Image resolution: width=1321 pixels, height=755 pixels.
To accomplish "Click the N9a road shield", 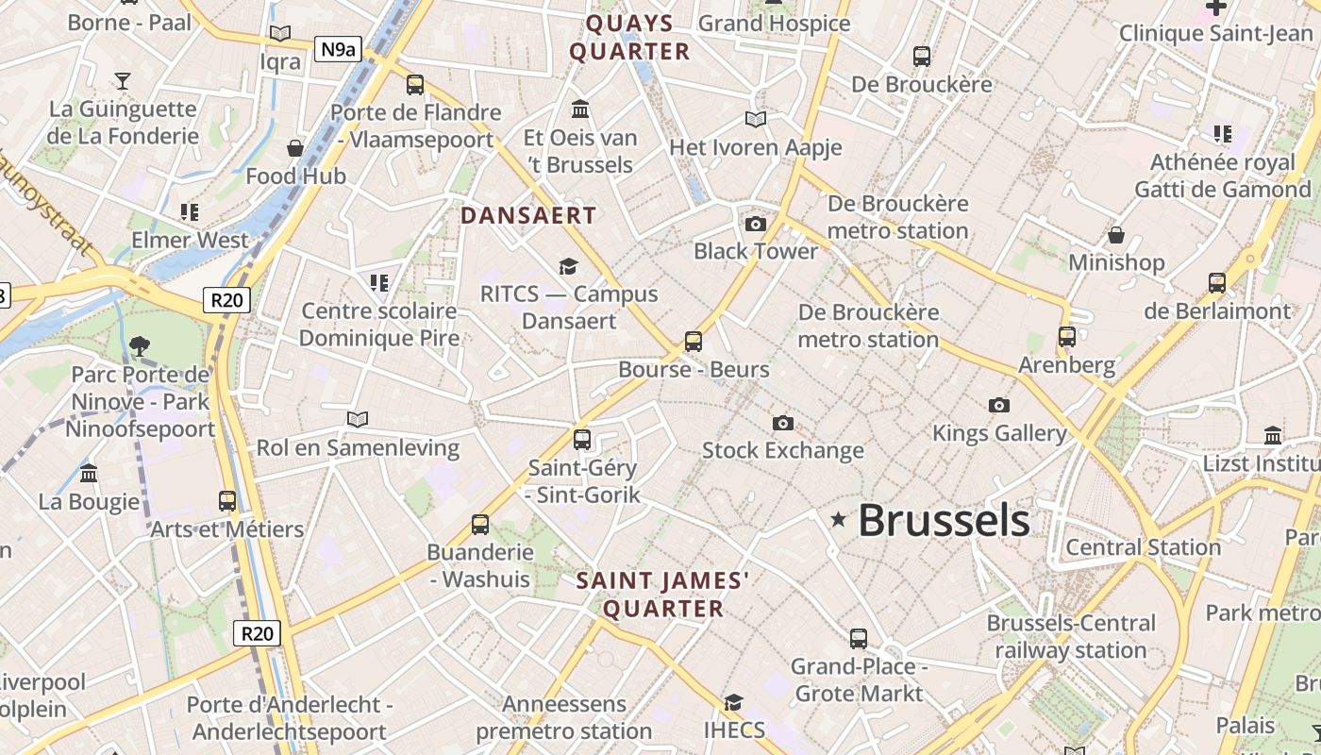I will (337, 49).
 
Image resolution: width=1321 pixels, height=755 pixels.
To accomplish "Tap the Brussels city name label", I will (944, 520).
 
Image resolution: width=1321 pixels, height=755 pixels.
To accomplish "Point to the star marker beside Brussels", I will (838, 519).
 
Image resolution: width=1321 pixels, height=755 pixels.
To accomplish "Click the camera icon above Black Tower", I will (756, 224).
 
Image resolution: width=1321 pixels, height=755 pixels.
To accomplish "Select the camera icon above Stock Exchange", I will (782, 423).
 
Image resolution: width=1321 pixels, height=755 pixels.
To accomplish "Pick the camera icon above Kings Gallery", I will (998, 406).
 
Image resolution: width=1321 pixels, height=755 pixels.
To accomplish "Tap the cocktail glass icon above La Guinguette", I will (122, 80).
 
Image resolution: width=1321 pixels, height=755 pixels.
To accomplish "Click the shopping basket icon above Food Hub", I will (295, 148).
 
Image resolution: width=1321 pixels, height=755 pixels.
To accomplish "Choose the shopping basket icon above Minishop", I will (1116, 234).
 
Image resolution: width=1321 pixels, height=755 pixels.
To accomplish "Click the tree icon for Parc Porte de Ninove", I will (140, 346).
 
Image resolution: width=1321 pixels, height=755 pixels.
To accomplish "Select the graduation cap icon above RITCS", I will (568, 266).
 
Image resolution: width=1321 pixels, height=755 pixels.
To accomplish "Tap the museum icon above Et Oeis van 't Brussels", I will (580, 109).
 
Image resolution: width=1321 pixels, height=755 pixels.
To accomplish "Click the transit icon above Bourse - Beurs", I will (694, 341).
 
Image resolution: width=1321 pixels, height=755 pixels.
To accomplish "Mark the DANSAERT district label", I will (528, 215).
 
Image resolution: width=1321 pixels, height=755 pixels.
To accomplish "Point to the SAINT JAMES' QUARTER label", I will (663, 595).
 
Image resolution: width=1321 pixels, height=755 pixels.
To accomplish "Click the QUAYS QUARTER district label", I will (629, 38).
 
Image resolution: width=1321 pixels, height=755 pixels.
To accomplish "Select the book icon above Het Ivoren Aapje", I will (756, 119).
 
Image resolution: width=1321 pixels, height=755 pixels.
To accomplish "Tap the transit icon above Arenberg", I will (1067, 337).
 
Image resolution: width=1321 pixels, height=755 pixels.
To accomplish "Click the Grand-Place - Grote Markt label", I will (859, 680).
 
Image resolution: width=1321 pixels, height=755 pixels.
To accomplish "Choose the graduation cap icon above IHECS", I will (733, 702).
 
